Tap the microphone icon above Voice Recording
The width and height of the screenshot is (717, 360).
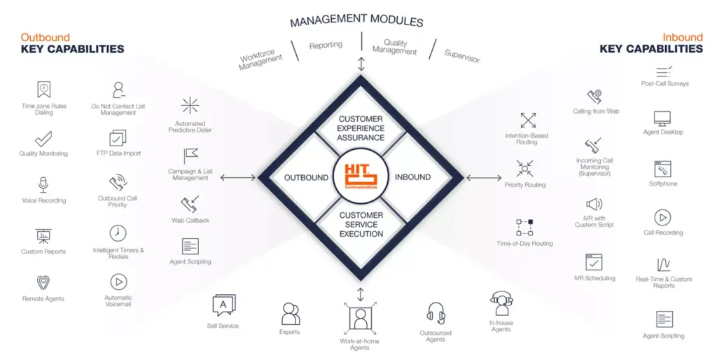(x=43, y=185)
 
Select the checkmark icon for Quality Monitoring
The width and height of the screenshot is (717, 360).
(x=43, y=139)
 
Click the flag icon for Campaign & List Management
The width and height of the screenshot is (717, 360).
(x=190, y=156)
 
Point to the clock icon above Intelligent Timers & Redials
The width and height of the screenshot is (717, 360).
(x=118, y=233)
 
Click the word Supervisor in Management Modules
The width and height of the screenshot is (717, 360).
(x=462, y=56)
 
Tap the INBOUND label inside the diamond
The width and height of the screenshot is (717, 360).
(x=412, y=177)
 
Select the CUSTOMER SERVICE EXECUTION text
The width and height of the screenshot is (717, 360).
(x=361, y=225)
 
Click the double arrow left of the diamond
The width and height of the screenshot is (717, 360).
(x=238, y=177)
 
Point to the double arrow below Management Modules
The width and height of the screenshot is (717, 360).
(x=361, y=64)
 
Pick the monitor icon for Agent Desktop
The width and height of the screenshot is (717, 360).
(x=662, y=119)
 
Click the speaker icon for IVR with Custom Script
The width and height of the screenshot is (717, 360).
(x=594, y=204)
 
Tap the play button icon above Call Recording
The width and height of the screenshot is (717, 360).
(x=662, y=218)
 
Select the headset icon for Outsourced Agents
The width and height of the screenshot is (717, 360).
(x=436, y=314)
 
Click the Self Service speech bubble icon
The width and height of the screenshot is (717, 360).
(x=223, y=305)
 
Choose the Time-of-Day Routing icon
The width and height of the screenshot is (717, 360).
(x=524, y=228)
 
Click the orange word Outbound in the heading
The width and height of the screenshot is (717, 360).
(x=46, y=38)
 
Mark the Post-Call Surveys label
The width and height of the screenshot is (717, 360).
(x=664, y=84)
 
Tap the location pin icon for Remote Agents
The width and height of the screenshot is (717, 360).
(x=43, y=283)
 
